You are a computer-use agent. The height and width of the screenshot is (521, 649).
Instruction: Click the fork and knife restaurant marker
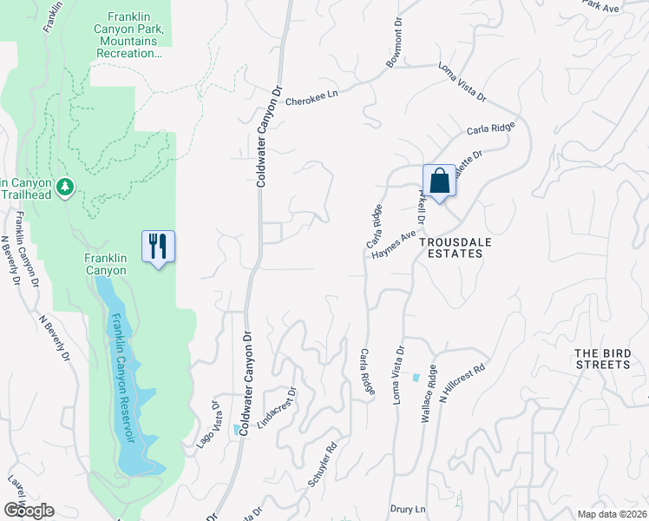(158, 246)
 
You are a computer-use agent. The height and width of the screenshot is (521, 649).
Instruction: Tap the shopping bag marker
(440, 181)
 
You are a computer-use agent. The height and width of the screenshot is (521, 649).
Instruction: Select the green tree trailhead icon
(64, 187)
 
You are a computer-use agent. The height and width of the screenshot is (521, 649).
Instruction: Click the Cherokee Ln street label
(310, 101)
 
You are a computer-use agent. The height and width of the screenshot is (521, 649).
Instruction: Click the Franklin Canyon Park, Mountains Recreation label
(134, 35)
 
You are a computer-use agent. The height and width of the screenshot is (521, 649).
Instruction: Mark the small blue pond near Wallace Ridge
(416, 378)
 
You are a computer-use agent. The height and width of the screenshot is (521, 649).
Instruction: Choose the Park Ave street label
(600, 7)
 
